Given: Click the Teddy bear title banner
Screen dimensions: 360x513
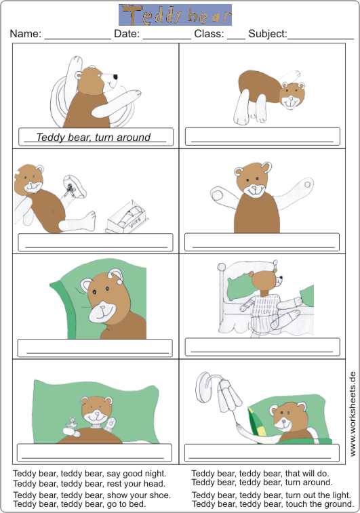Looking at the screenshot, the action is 175,15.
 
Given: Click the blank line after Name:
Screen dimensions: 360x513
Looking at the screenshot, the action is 77,39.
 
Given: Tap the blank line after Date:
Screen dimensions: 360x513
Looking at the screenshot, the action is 167,39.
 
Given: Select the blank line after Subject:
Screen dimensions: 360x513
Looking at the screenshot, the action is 321,39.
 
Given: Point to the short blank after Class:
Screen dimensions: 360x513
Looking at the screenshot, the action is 236,39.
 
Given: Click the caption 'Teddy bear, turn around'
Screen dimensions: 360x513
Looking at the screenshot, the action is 94,137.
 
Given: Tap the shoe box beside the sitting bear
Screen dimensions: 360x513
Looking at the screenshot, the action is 127,218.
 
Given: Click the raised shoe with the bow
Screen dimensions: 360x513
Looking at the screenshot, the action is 75,187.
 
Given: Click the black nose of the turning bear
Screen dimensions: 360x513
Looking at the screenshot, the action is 115,77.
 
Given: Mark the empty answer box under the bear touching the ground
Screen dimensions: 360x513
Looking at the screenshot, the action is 262,136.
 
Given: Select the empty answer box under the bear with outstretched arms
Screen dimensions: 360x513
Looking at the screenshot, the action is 262,242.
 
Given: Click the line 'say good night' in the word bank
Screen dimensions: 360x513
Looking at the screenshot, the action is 89,474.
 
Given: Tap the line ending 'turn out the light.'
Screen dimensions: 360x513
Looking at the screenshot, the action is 271,495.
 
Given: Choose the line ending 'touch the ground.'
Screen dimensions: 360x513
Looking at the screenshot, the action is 273,504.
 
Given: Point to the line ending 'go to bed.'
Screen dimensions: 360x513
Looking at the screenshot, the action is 79,504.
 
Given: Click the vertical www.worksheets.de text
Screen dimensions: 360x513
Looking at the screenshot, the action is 353,414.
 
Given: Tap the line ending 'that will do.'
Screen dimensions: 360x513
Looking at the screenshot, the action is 260,474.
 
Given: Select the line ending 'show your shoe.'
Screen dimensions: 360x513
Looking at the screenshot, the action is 92,495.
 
